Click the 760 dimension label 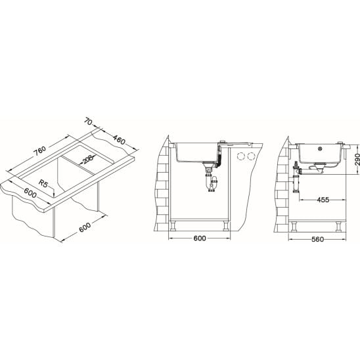(x=39, y=150)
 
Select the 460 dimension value (x=119, y=139)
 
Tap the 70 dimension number (x=88, y=122)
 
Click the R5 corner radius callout (x=43, y=183)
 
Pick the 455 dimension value (x=323, y=200)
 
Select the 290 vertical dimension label (x=357, y=159)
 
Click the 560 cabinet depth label (x=318, y=240)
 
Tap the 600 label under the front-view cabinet (x=200, y=238)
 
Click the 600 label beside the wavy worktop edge (x=30, y=193)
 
